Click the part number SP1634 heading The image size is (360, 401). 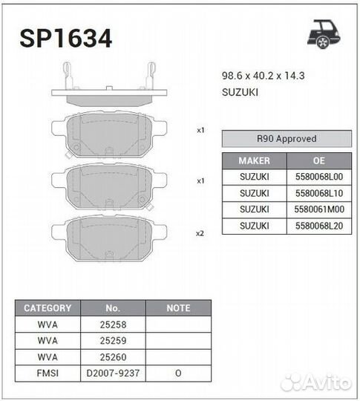pyautogui.click(x=66, y=38)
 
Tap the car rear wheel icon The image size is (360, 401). pyautogui.click(x=324, y=33)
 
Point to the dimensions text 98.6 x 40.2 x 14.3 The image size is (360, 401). pyautogui.click(x=263, y=76)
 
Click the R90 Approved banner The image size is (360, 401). pyautogui.click(x=287, y=139)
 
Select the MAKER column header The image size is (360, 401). pyautogui.click(x=254, y=160)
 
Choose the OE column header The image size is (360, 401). pyautogui.click(x=319, y=160)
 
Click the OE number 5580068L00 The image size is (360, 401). pyautogui.click(x=319, y=177)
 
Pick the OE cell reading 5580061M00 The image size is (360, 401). pyautogui.click(x=319, y=209)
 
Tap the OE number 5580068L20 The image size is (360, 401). pyautogui.click(x=319, y=226)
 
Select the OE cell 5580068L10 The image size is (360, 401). pyautogui.click(x=319, y=193)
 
